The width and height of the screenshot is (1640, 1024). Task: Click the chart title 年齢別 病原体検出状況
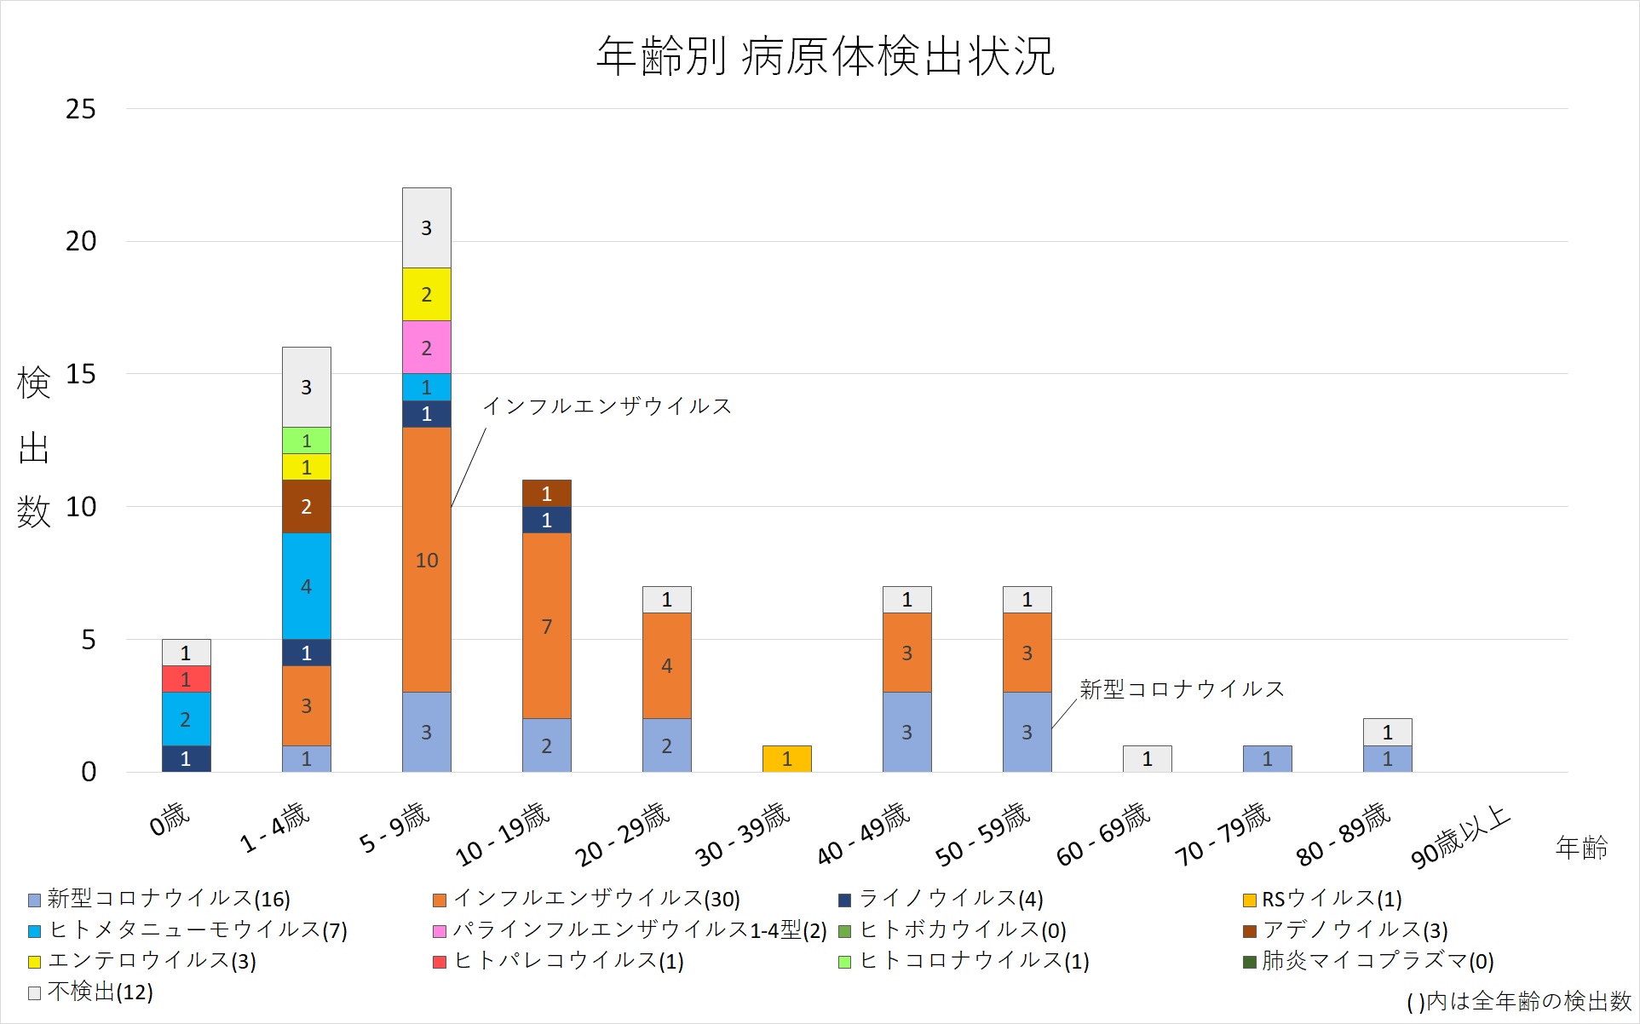coord(825,56)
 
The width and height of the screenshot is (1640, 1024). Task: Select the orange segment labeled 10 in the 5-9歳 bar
coord(426,560)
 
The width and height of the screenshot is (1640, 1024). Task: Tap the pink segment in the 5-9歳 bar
coord(426,348)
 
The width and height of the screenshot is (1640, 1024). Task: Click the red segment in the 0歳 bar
coord(186,679)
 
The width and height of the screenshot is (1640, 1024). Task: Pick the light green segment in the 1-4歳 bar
coord(306,440)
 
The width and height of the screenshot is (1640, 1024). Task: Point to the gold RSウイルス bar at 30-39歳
coord(786,758)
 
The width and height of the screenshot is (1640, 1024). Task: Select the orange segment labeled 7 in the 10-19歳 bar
coord(546,626)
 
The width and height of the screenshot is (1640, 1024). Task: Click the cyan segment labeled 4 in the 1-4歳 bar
coord(306,586)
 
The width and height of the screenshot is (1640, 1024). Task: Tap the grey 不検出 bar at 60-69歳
coord(1147,758)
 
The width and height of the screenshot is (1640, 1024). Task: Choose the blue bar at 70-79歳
coord(1267,758)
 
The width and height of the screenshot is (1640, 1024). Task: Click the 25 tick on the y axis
coord(81,109)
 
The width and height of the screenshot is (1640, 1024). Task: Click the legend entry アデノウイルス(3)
coord(1354,929)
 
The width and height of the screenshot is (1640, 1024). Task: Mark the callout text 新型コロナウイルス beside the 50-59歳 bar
coord(1182,689)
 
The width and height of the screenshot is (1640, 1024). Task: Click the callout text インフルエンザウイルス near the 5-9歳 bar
coord(607,406)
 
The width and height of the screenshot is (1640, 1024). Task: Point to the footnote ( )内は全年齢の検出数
coord(1518,1001)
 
